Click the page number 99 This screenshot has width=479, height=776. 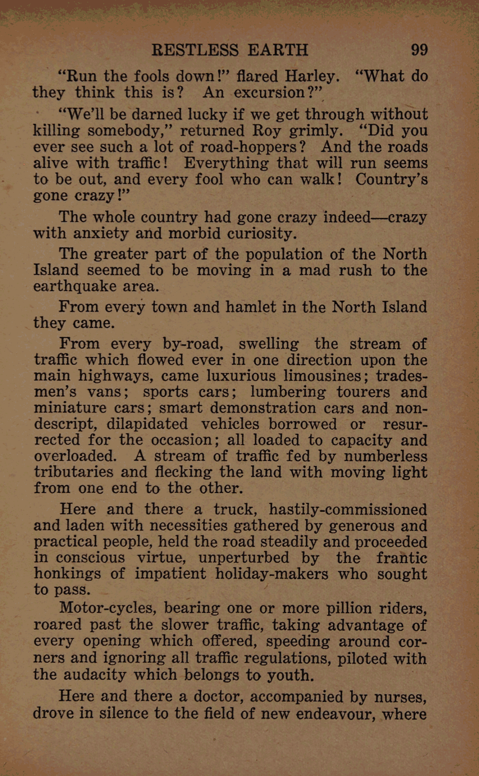coord(419,50)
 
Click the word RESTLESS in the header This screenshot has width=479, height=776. coord(195,50)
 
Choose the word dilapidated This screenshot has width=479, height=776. coord(147,424)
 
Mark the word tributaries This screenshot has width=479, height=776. coord(74,472)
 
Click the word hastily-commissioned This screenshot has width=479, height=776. coord(347,509)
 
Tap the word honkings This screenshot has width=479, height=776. coord(68,574)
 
